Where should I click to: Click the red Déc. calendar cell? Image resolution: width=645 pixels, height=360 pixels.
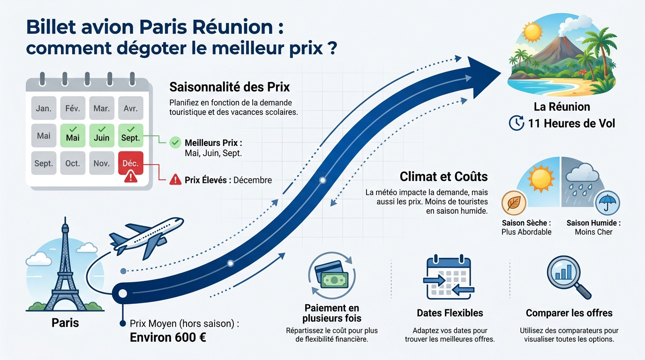(x=131, y=163)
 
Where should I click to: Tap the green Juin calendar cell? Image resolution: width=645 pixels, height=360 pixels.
(x=102, y=135)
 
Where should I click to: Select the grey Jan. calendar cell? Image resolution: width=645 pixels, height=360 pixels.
(x=44, y=108)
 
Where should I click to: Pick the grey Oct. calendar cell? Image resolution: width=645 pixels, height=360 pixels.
(x=73, y=163)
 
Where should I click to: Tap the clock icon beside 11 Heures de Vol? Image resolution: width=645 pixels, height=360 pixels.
(x=517, y=123)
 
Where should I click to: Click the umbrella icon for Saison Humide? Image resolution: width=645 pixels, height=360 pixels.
(x=607, y=203)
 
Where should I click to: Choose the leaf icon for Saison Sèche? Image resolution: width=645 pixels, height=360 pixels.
(x=514, y=203)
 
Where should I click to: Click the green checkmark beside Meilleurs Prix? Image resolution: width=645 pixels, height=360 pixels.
(x=175, y=142)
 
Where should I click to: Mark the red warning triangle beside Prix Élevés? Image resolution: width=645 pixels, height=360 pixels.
(x=175, y=180)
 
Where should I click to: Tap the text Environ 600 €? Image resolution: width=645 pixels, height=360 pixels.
(x=168, y=337)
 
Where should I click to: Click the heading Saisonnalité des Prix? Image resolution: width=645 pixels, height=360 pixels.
(x=230, y=87)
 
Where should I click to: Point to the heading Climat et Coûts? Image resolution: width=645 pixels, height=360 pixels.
(x=444, y=177)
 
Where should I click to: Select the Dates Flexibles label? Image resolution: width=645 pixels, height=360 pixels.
(x=450, y=313)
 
